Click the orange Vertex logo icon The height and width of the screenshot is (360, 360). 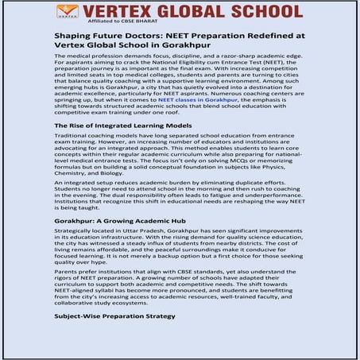pos(68,12)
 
